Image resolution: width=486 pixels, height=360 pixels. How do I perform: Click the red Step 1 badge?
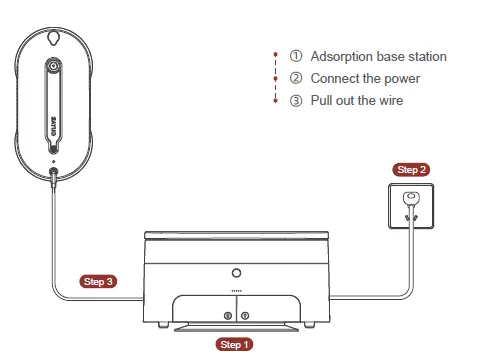pos(235,343)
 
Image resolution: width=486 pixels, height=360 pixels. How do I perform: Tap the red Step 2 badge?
pos(412,170)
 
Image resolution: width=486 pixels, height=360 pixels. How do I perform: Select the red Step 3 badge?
pos(99,281)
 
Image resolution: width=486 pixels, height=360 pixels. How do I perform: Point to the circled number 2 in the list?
pos(296,78)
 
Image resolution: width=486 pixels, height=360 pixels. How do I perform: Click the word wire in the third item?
pos(390,100)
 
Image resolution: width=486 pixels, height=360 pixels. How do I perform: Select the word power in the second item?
pos(402,78)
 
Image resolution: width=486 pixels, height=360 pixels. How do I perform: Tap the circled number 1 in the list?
pos(296,57)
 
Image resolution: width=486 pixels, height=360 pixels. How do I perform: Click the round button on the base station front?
pos(236,272)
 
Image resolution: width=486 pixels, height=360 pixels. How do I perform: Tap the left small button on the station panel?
pos(228,315)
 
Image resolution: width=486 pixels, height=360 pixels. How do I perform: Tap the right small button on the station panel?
pos(246,315)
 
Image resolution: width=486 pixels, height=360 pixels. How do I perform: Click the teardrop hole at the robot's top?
pos(52,39)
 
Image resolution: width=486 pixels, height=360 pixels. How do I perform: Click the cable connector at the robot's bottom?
pos(52,179)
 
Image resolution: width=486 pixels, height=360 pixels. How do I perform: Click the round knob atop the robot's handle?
pos(52,69)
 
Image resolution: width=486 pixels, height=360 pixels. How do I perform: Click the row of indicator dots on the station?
pos(236,291)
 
